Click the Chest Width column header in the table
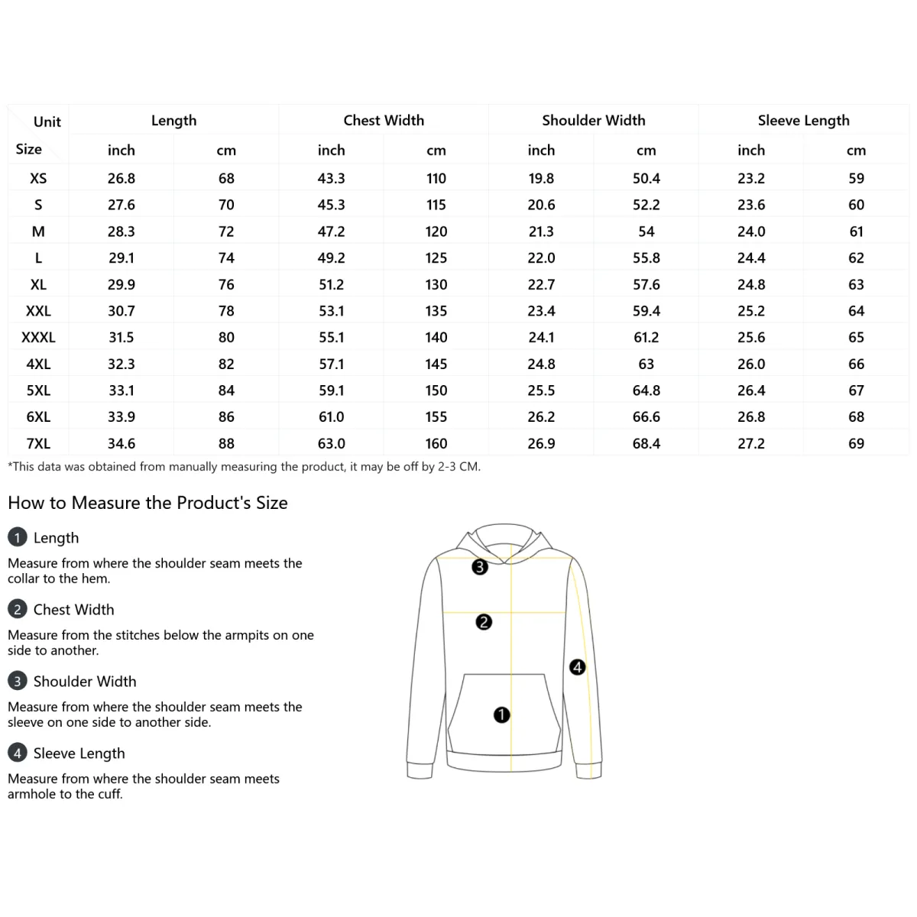[384, 120]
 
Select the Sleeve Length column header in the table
[803, 120]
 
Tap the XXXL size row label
[38, 337]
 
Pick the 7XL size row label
[38, 443]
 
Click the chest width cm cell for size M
[436, 232]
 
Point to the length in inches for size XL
[122, 284]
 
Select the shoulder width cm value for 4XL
[646, 364]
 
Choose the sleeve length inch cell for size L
[751, 258]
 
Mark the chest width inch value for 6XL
[332, 416]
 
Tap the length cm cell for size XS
[226, 178]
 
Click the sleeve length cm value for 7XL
[856, 443]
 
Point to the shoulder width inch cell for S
[541, 205]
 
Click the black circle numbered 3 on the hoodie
[480, 567]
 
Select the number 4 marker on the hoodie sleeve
[578, 667]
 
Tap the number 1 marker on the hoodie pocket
[501, 715]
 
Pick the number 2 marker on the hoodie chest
[484, 622]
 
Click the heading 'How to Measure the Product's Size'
[147, 503]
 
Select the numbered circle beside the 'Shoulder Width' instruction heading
[17, 681]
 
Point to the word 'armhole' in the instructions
[31, 794]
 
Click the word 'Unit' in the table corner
[47, 122]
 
